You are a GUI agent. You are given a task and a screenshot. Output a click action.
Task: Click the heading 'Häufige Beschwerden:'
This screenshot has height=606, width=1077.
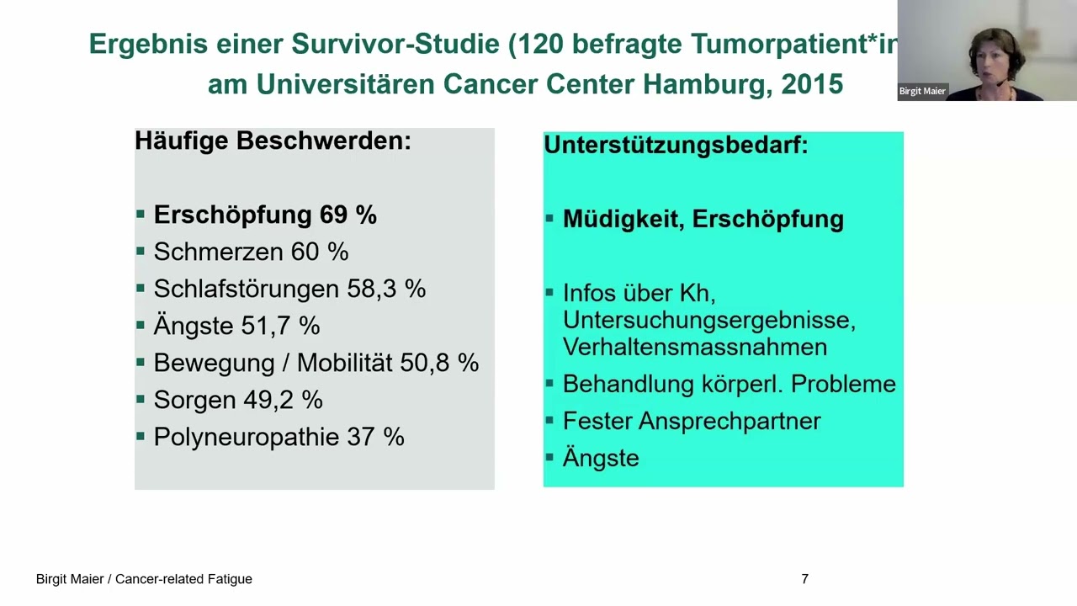tap(273, 141)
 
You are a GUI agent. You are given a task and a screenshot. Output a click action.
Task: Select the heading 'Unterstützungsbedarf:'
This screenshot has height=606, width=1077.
tap(676, 145)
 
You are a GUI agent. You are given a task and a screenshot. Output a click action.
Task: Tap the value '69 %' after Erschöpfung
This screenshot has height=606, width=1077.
tap(348, 215)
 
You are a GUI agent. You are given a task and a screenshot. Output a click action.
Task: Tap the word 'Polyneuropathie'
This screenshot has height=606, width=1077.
tap(246, 437)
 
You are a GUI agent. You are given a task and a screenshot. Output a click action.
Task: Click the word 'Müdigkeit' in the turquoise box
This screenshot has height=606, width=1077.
tap(623, 219)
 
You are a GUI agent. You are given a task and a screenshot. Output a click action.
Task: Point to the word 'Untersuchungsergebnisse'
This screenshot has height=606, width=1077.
tap(708, 320)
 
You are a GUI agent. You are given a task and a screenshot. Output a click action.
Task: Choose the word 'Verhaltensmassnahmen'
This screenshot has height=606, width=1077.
tap(694, 347)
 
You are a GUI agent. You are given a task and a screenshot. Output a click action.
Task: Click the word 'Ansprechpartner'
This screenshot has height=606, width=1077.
tap(729, 421)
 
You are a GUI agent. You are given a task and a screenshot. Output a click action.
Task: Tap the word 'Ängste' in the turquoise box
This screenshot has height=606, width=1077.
tap(601, 458)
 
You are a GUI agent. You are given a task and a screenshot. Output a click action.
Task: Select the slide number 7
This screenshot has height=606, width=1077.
tap(804, 579)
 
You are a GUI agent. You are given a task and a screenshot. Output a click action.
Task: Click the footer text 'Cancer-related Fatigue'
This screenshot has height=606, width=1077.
tap(183, 579)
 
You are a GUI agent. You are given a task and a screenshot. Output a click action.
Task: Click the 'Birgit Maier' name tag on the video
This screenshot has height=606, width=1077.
tap(922, 91)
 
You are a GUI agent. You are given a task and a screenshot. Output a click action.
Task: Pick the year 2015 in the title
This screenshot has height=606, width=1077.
tap(812, 84)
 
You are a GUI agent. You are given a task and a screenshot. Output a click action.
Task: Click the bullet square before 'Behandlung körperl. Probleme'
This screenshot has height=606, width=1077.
tap(549, 384)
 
